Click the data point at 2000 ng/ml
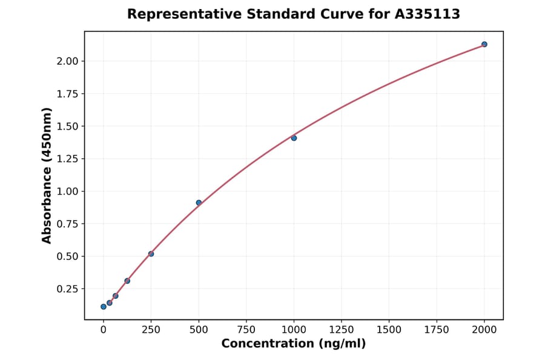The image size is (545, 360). pos(484,44)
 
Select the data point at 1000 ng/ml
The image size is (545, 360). pos(294,138)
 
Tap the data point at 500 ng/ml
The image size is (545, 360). pos(199,202)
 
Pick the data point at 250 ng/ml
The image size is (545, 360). pos(151,254)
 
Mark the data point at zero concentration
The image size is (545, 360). pos(104,307)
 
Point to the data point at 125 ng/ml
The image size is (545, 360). pos(127,281)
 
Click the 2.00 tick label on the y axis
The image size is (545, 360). pos(68,61)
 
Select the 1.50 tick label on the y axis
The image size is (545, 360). pos(68,126)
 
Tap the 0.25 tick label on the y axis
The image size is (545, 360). pos(68,288)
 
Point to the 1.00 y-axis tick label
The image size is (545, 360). pos(68,192)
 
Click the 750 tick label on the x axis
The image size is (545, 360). pos(246,329)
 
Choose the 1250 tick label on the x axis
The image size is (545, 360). pos(342,329)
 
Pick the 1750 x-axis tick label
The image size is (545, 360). pos(437,329)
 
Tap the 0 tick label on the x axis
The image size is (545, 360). pos(104,329)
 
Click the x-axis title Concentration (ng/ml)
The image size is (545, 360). pos(294,344)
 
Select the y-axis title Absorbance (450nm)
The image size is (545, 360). pos(47,176)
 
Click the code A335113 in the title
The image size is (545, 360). pos(428,14)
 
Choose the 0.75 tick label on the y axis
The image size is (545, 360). pos(68,224)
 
